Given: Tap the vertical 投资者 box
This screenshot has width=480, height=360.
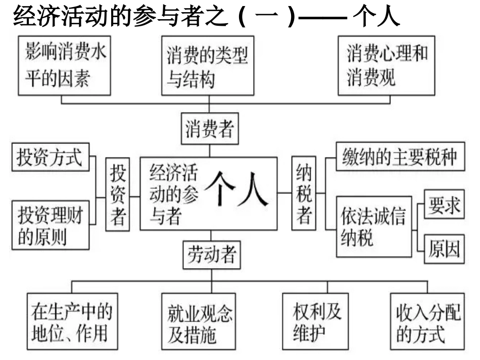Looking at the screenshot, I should (x=118, y=194).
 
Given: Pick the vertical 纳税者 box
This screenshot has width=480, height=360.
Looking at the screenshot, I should (x=304, y=194).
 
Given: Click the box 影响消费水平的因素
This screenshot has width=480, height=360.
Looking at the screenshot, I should (x=64, y=65).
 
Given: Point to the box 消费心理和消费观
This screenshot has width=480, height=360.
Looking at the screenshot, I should (x=387, y=66).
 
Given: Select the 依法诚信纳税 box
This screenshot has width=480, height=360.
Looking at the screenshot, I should (x=373, y=226).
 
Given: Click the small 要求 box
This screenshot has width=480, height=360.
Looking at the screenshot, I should (x=444, y=204).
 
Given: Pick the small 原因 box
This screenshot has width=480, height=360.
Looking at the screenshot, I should (x=444, y=249).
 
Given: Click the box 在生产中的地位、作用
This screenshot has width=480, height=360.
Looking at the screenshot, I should (x=70, y=323).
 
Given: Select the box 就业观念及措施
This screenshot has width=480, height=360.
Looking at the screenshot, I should (x=200, y=324).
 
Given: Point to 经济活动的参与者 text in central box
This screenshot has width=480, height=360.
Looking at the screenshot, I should (x=173, y=194).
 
